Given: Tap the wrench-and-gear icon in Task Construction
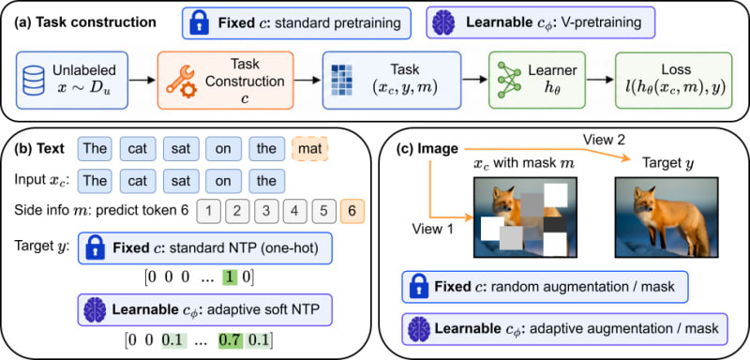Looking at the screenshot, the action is click(180, 81).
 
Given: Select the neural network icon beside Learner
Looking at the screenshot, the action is click(509, 80).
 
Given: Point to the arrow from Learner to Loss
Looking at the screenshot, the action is click(601, 80).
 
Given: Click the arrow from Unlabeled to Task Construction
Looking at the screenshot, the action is click(142, 80).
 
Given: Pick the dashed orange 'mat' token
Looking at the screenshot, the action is click(309, 148).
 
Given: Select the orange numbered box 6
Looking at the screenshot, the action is click(352, 211).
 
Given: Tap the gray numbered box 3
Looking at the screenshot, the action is click(266, 211).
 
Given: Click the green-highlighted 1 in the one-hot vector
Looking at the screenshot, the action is click(230, 277).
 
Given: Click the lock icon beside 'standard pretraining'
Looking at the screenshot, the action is click(200, 22).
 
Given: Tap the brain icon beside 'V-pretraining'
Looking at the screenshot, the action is click(442, 22).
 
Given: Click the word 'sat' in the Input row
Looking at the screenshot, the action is click(180, 181).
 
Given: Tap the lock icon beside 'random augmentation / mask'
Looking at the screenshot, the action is click(417, 287).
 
